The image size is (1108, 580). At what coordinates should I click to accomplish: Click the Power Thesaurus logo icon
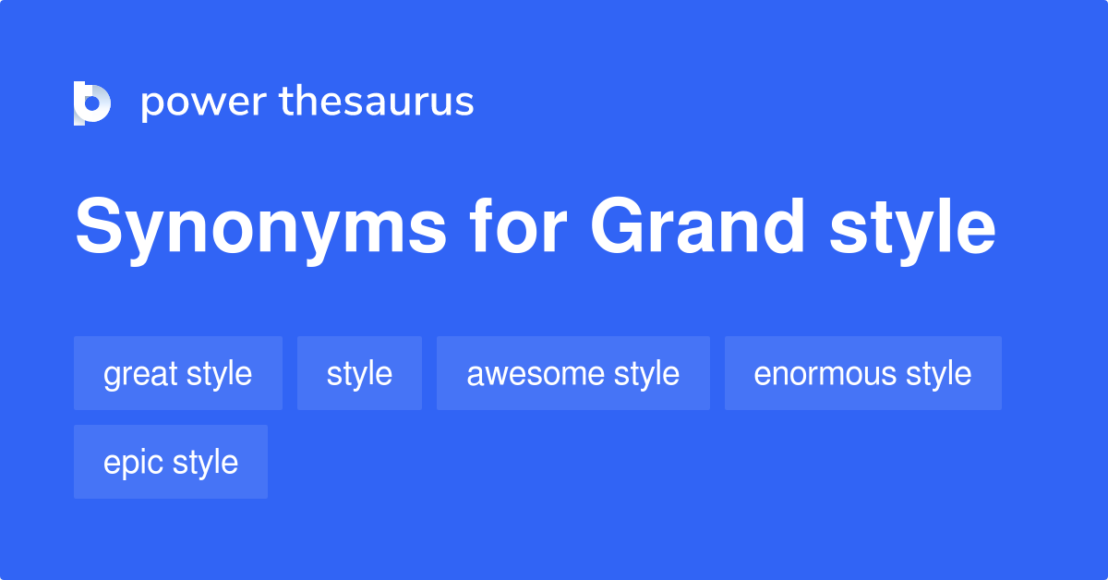[92, 103]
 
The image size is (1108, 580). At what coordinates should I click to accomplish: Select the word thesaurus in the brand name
[377, 103]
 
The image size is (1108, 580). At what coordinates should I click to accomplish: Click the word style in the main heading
[912, 228]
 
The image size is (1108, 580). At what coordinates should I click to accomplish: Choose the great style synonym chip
[177, 373]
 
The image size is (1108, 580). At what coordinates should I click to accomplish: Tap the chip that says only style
[359, 373]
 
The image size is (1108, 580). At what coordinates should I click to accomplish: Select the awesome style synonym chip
[572, 373]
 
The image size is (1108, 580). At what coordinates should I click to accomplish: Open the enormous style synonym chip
[862, 373]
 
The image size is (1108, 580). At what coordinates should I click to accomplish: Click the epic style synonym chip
[170, 462]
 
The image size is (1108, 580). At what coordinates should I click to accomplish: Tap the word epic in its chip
[131, 463]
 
